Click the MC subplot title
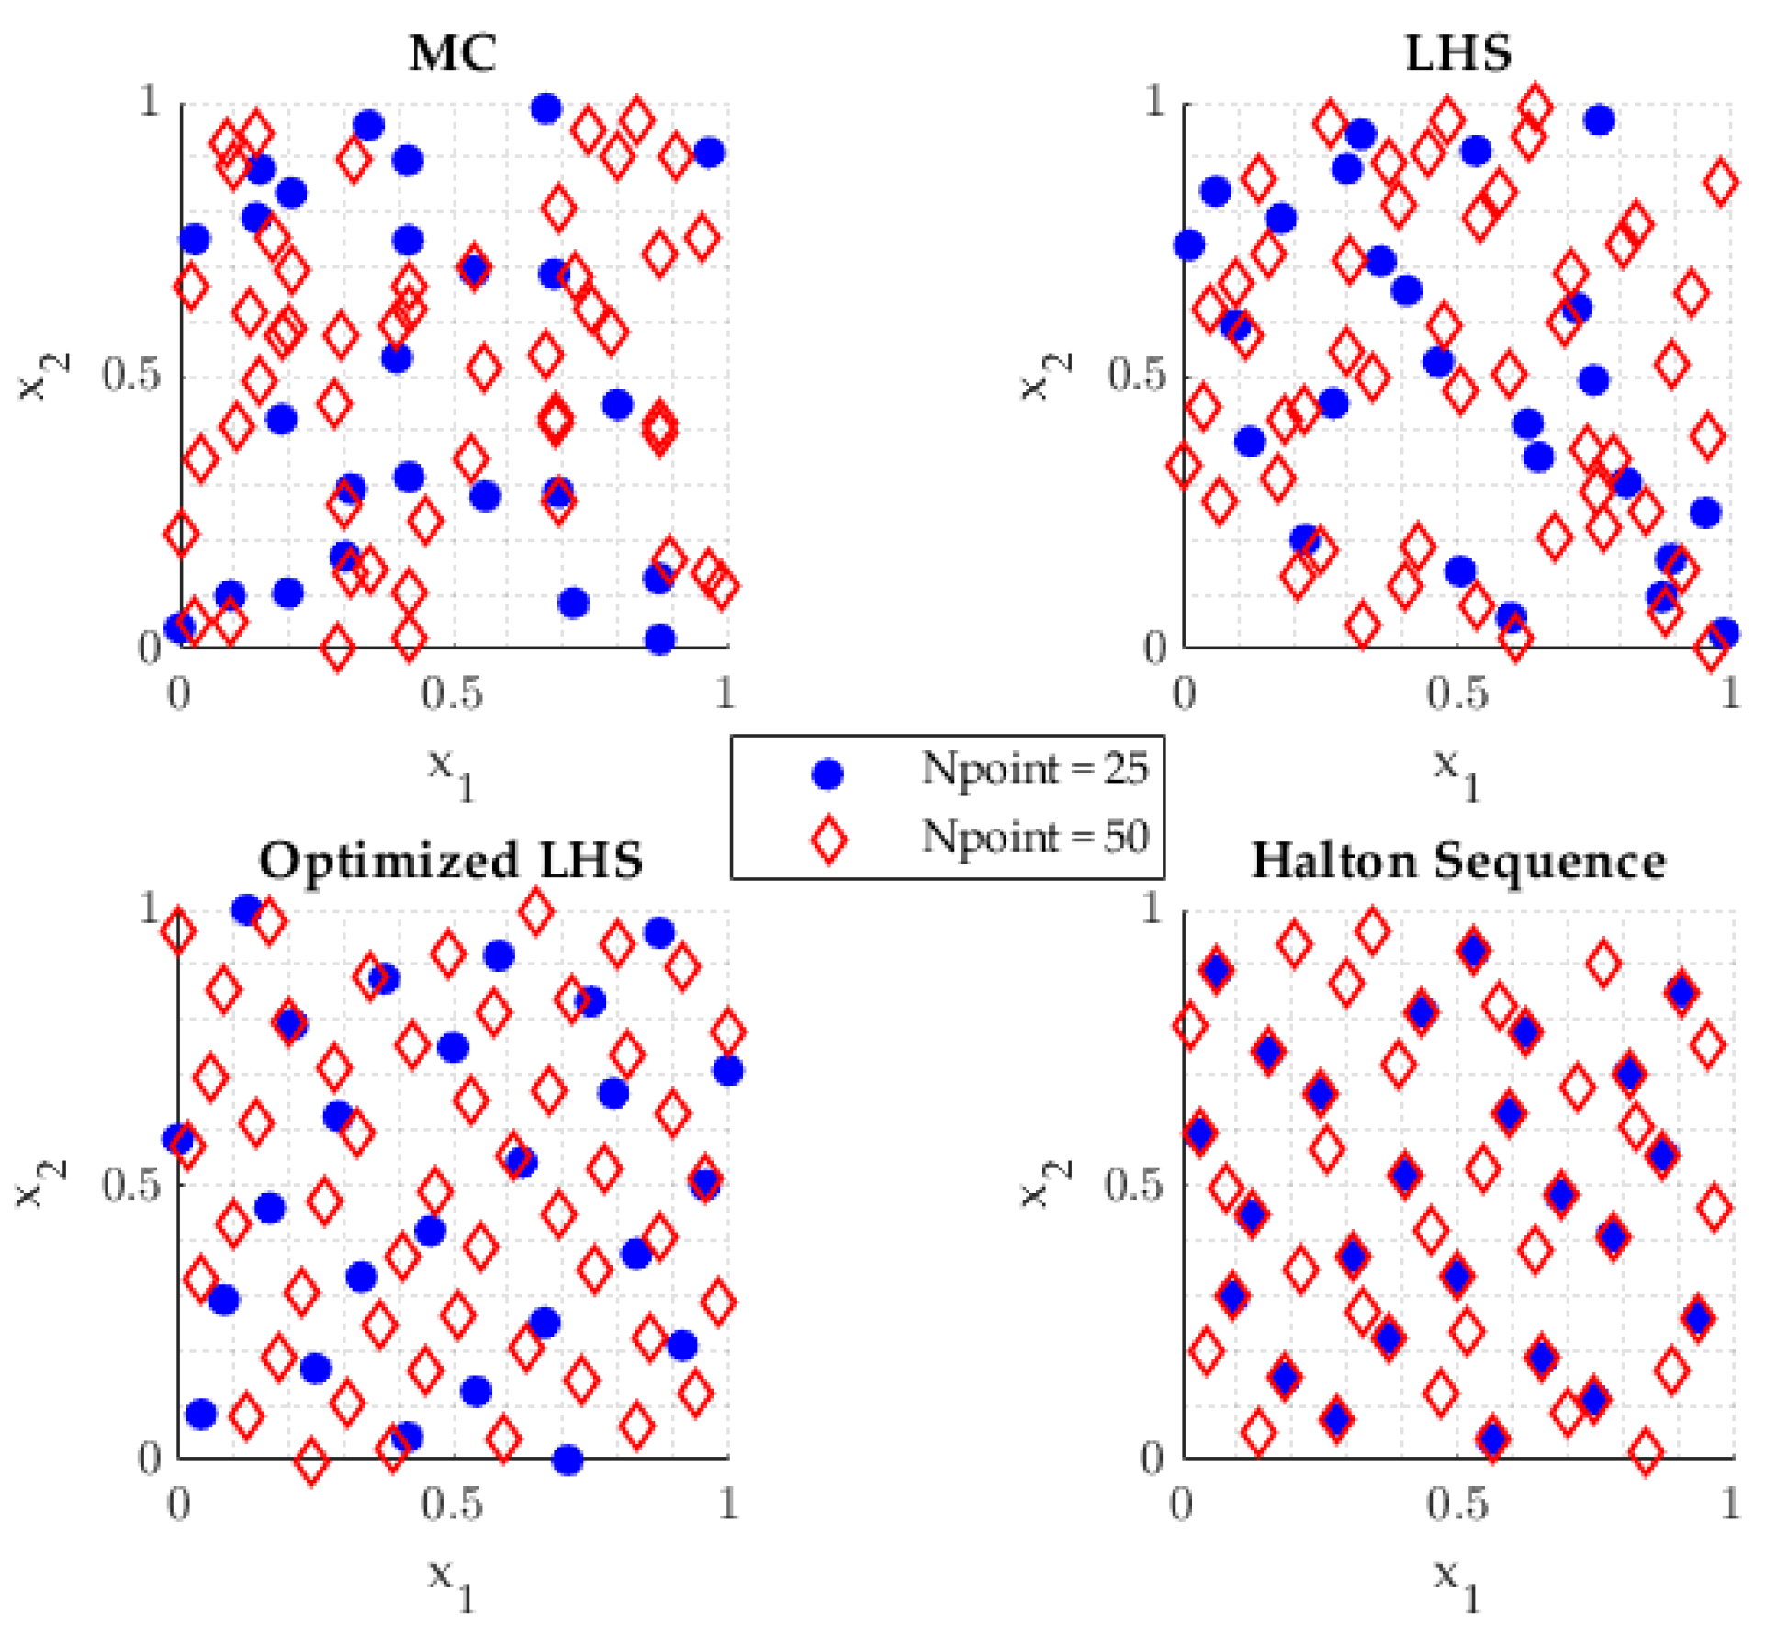453,53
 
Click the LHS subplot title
1458,53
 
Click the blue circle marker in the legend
827,773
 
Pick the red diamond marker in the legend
829,840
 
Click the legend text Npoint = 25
1035,768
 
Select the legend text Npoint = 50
1035,837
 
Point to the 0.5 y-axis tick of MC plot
132,375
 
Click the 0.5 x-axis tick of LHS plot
1457,694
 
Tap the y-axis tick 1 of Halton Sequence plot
1153,908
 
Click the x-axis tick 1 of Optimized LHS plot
727,1504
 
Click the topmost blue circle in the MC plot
546,109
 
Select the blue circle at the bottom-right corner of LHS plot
1724,633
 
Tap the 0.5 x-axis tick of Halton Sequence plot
1457,1504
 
